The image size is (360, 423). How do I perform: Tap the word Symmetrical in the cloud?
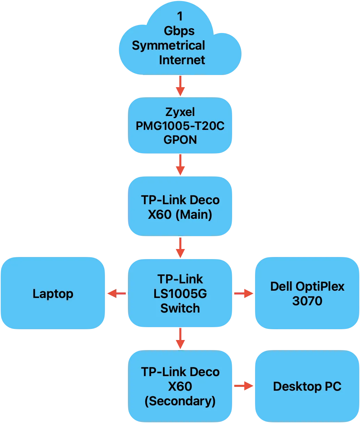click(x=169, y=45)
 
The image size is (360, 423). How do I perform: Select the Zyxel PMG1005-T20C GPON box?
click(x=180, y=126)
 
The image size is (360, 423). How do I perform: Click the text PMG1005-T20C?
click(x=180, y=126)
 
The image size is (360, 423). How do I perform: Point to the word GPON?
click(x=180, y=140)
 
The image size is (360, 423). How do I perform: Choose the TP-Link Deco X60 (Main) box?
click(x=180, y=207)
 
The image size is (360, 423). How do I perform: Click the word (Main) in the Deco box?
click(x=194, y=215)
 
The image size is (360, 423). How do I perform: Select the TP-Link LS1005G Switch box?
click(x=180, y=293)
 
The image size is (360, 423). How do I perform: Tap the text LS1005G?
click(x=180, y=294)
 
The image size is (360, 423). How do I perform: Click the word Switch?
click(x=180, y=308)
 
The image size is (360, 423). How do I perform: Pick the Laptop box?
click(x=53, y=293)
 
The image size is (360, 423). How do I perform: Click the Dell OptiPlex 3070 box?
click(x=307, y=293)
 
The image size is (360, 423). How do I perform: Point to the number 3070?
click(x=307, y=301)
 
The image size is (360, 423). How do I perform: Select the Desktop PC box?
click(x=307, y=386)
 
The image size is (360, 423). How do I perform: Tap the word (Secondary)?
click(x=180, y=401)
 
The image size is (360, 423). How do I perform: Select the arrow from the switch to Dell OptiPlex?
click(x=243, y=294)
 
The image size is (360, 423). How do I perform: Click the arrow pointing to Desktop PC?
click(x=243, y=386)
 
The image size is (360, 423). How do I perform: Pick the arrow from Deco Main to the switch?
click(x=180, y=247)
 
